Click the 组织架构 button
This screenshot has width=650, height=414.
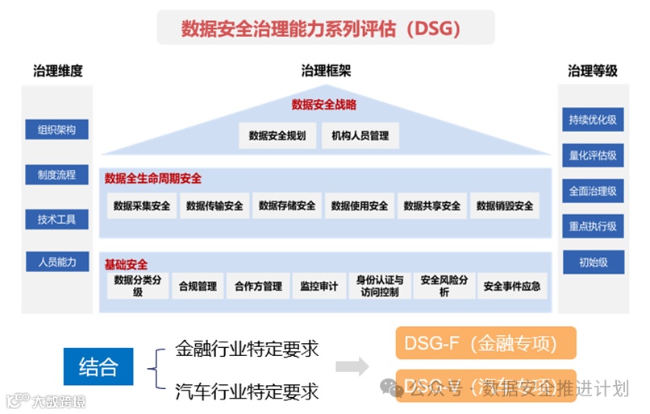[x=56, y=130]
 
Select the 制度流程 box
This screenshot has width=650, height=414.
[x=56, y=175]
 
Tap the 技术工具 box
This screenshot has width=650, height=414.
[x=56, y=219]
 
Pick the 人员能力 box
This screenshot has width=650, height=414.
[x=56, y=263]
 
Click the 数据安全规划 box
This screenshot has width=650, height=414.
[x=277, y=136]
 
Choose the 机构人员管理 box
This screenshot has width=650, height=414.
[x=360, y=136]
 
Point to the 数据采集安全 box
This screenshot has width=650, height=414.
[x=142, y=206]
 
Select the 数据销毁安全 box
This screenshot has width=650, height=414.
[x=505, y=206]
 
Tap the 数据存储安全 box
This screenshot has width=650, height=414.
[x=287, y=206]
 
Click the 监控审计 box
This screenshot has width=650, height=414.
[x=319, y=286]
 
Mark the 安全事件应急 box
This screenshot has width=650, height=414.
[x=512, y=286]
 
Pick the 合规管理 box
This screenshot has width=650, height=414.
[x=198, y=286]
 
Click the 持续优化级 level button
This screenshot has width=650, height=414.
[x=593, y=120]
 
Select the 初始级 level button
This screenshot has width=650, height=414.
[x=593, y=263]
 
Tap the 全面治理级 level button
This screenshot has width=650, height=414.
[x=593, y=192]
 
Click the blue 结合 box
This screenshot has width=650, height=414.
[x=98, y=369]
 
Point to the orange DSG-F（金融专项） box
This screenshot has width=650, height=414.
[x=486, y=344]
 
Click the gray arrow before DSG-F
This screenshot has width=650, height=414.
[x=352, y=368]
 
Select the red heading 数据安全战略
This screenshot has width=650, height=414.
[x=324, y=105]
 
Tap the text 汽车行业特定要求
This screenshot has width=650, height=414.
[x=247, y=391]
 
